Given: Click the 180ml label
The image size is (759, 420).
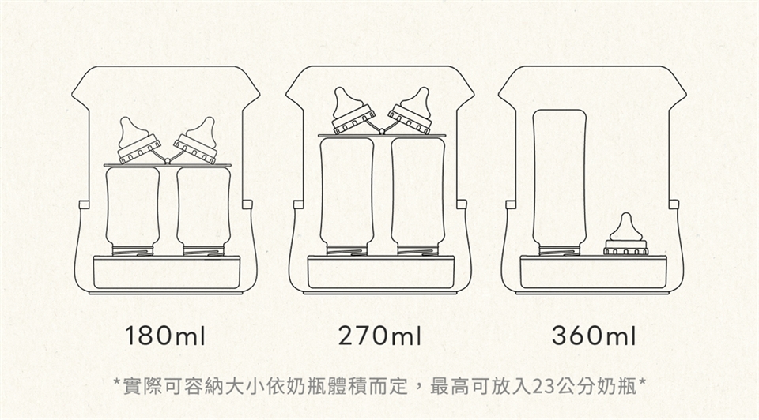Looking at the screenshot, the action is click(165, 336).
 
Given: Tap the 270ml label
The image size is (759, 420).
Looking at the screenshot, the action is click(379, 336).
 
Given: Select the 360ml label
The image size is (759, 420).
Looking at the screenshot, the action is click(594, 336).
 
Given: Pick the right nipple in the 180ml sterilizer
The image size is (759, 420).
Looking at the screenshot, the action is click(197, 141).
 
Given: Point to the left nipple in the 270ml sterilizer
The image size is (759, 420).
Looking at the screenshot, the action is click(352, 111).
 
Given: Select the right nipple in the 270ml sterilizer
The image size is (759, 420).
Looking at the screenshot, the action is click(410, 111).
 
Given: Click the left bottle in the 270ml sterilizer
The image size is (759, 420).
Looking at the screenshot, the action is click(346, 197).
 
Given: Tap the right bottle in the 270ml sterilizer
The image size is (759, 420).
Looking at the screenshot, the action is click(417, 197).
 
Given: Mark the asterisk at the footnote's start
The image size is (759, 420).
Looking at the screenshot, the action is click(117, 383).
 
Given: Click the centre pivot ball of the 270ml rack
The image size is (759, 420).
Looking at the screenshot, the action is click(381, 130).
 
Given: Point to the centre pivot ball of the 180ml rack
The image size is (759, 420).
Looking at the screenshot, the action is click(168, 160).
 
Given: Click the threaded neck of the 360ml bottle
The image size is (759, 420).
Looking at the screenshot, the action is click(560, 250).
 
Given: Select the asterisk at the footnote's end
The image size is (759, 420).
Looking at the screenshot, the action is click(641, 383).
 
